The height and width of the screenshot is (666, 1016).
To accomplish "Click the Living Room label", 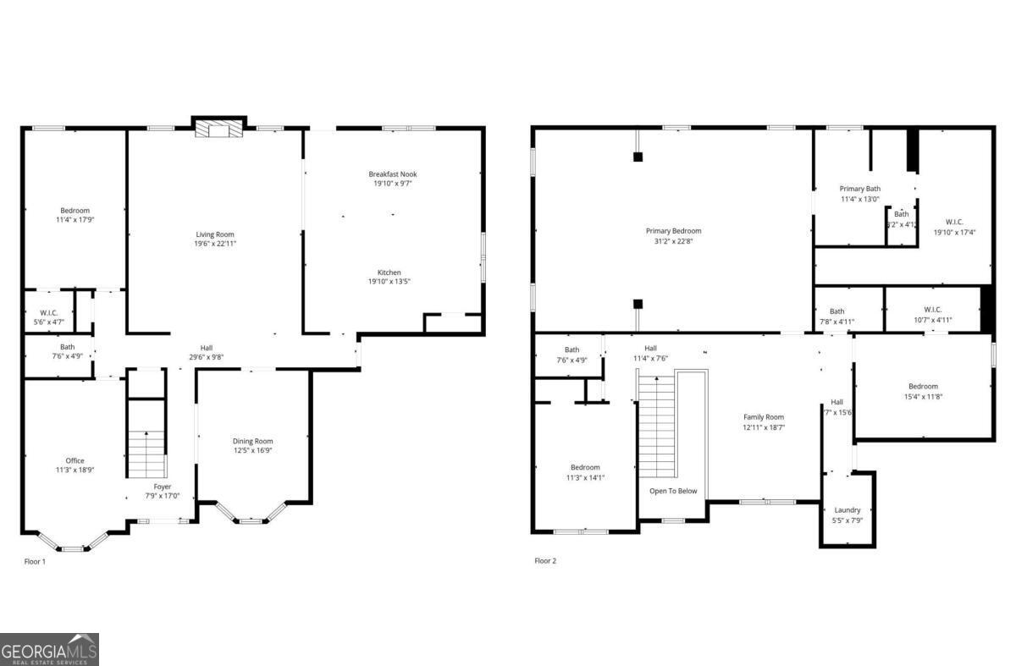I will (215, 234).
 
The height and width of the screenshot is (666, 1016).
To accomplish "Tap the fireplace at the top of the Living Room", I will (218, 128).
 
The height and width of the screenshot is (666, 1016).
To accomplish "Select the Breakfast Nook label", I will (392, 174).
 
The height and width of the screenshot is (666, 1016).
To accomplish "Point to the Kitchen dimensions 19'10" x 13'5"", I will (389, 282).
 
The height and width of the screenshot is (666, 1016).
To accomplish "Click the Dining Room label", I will (253, 441).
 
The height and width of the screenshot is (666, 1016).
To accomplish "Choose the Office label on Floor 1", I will (75, 460).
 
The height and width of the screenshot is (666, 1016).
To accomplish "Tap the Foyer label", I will (162, 487).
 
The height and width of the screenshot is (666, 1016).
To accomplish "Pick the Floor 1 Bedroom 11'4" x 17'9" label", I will (75, 211).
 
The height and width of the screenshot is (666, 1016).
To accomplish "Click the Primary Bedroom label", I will (673, 231).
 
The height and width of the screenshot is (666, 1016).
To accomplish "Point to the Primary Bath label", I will (859, 189).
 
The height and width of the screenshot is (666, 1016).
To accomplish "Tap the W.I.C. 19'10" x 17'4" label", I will (954, 223).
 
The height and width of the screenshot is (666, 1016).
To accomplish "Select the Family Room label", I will (764, 417).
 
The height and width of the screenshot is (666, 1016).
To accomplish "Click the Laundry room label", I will (847, 510).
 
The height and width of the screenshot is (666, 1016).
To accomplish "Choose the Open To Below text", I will (673, 491).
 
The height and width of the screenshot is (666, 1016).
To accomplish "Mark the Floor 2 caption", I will (545, 560).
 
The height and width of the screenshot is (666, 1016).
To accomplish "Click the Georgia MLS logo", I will (49, 649).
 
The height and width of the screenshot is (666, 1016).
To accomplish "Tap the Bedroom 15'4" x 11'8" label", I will (923, 387).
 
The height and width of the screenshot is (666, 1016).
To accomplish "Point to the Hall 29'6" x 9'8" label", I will (207, 348).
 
